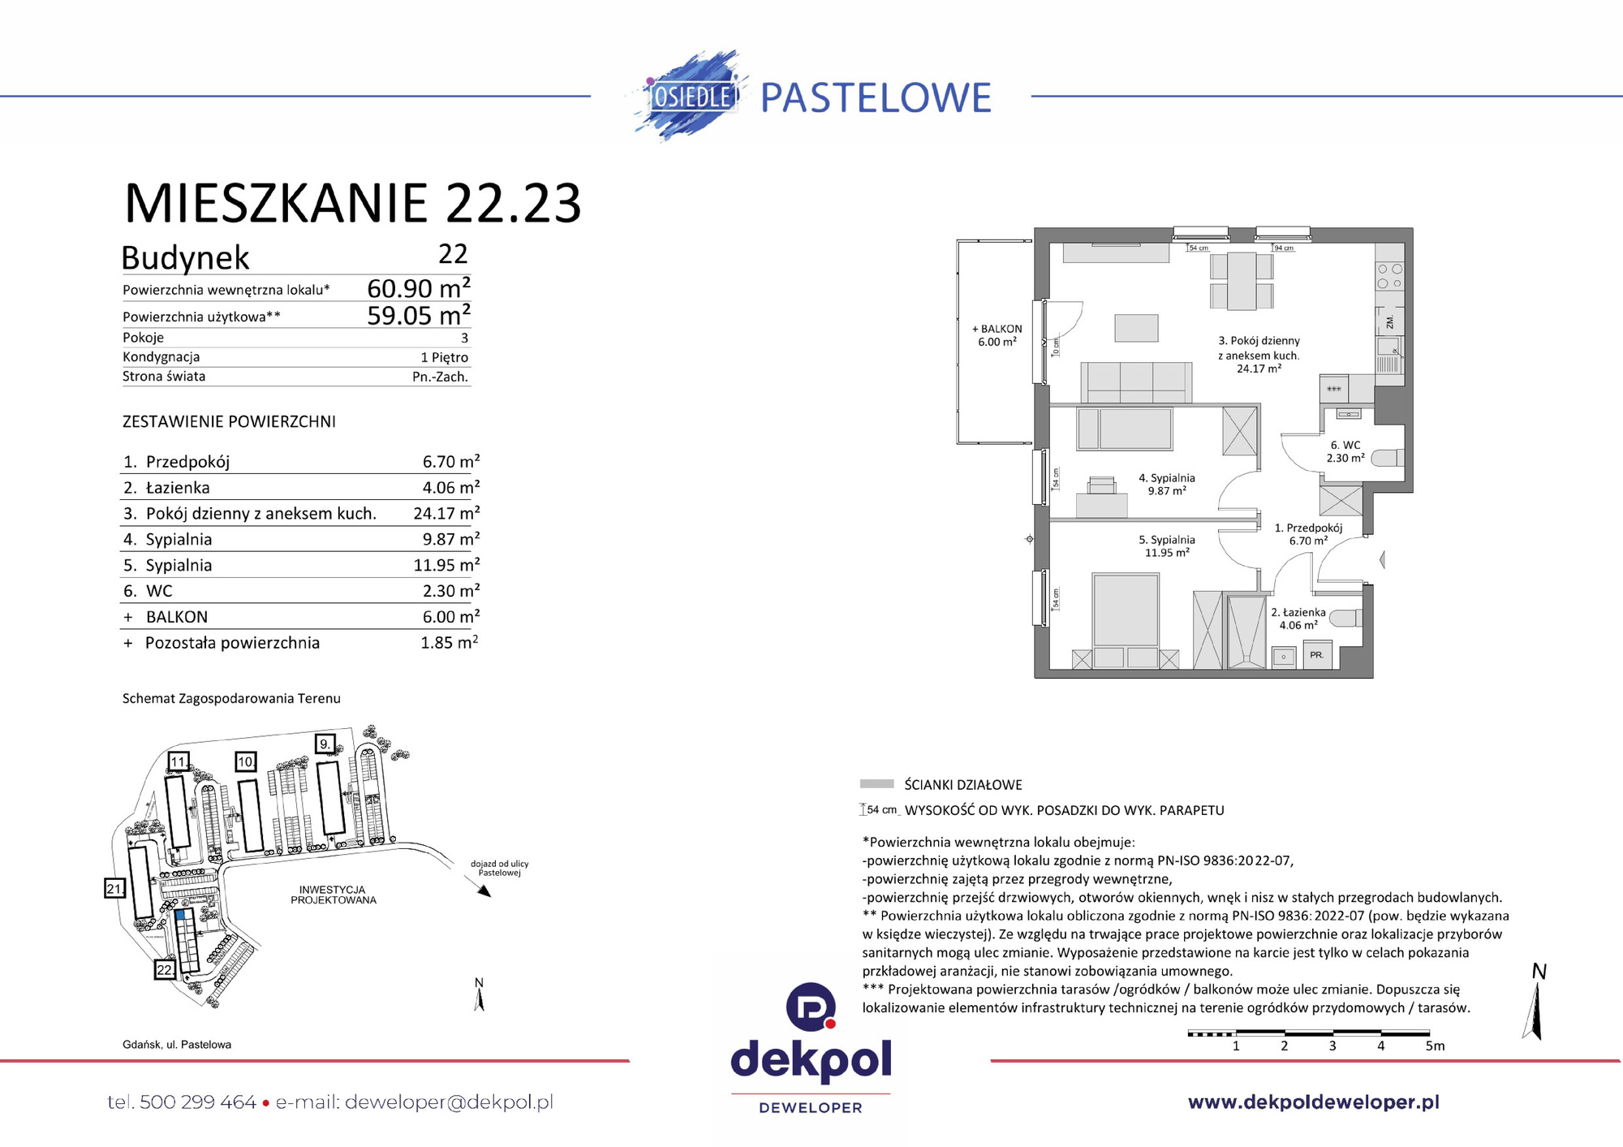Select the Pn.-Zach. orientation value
pos(440,377)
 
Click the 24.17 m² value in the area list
pos(446,513)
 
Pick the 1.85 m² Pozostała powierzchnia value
pos(449,643)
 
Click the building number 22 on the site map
pos(165,970)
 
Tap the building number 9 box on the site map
pos(325,744)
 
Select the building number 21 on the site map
pos(114,889)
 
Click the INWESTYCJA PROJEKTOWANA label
pos(334,895)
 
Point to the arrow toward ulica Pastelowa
pos(483,890)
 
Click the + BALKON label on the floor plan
pos(997,335)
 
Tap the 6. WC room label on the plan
pos(1345,451)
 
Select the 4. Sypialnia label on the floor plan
pos(1166,484)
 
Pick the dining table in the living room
pos(1242,281)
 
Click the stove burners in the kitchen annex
pos(1389,276)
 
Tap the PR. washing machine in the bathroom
pos(1316,654)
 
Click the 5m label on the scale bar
pos(1435,1046)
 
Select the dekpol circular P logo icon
pos(811,1007)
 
